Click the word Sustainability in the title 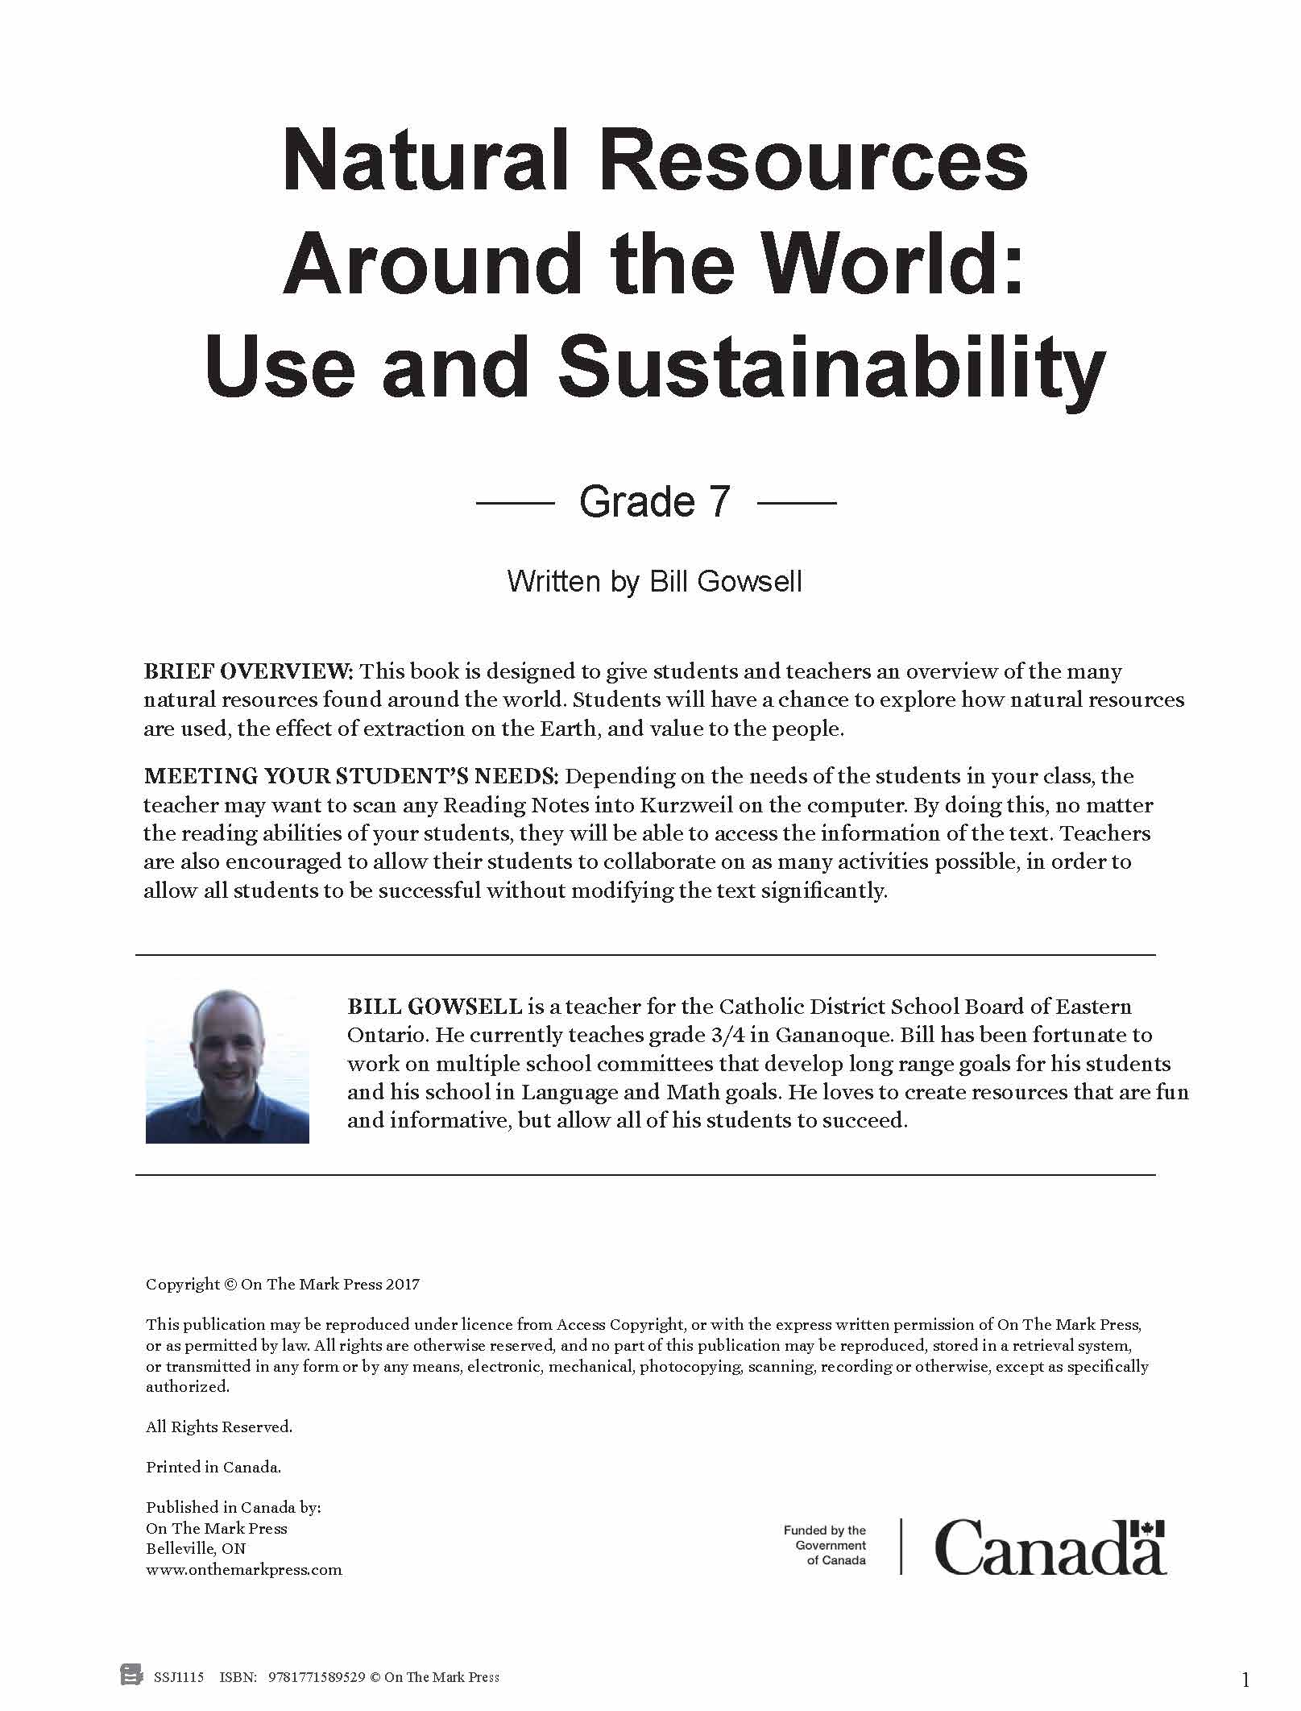coord(831,368)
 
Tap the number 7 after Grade coord(719,502)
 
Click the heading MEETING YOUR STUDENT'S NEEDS coord(350,776)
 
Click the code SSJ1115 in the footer coord(179,1677)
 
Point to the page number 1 coord(1245,1680)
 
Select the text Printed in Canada coord(213,1467)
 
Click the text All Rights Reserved coord(219,1427)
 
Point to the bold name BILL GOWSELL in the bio coord(435,1007)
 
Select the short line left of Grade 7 coord(516,503)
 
